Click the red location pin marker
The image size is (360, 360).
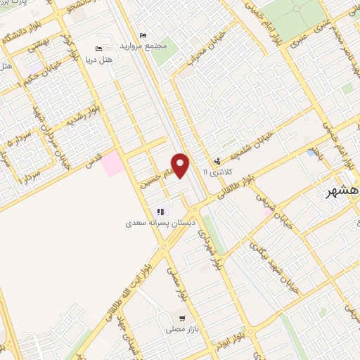tap(181, 166)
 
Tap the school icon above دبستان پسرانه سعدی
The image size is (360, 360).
tap(161, 212)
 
